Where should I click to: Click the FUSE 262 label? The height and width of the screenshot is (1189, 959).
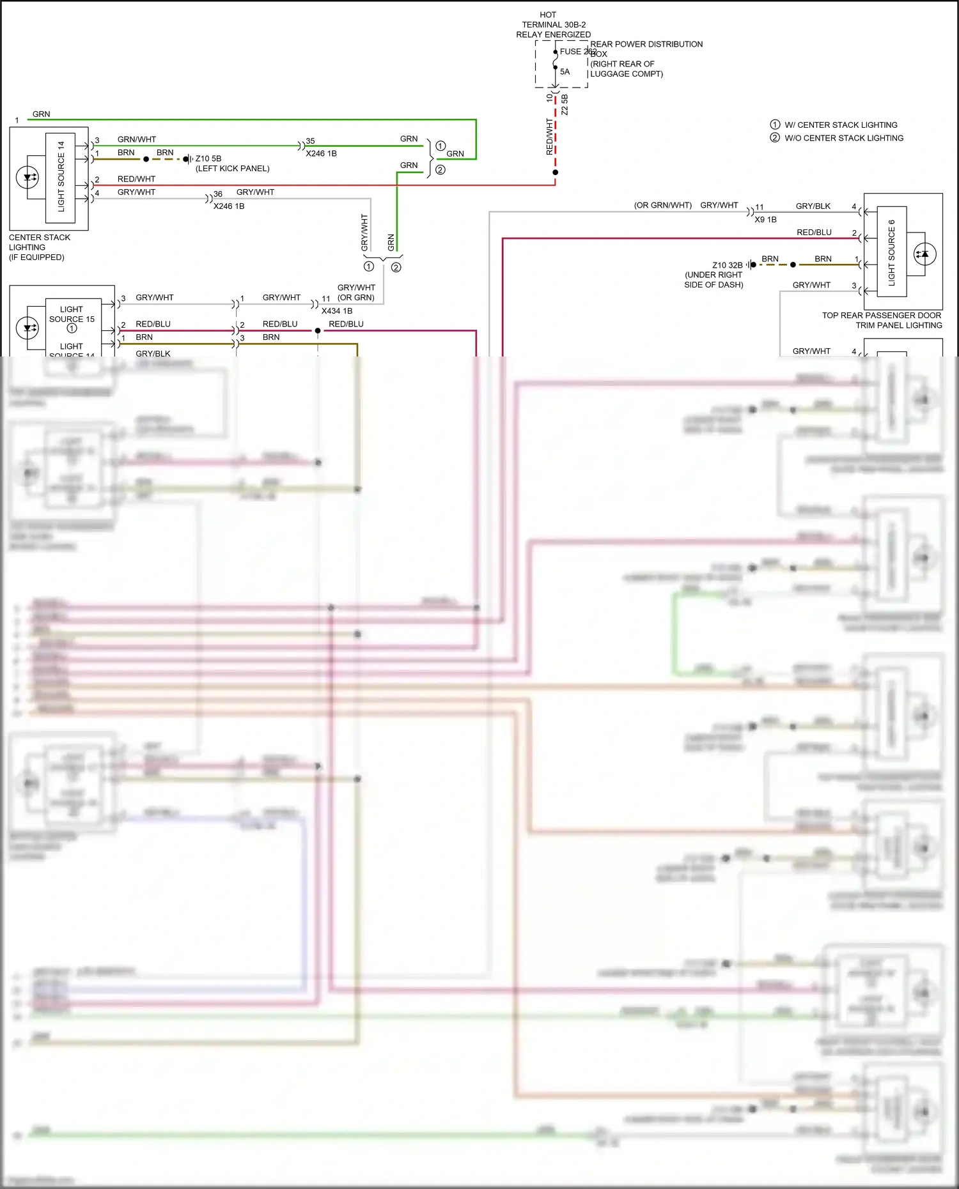(x=577, y=52)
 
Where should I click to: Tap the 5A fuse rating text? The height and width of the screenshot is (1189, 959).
(x=565, y=72)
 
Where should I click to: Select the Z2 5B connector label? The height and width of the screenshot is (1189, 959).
(x=565, y=105)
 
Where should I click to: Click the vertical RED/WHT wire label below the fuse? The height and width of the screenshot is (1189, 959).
(x=549, y=136)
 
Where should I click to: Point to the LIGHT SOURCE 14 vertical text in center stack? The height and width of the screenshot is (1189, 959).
(x=61, y=177)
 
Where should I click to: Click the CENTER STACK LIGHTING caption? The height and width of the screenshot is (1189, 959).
(x=39, y=247)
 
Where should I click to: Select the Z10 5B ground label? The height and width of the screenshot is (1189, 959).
(x=208, y=158)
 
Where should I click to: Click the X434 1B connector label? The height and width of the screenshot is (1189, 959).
(x=337, y=311)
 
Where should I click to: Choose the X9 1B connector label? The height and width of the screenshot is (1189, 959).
(x=765, y=219)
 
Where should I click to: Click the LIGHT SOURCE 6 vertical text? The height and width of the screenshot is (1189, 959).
(x=891, y=252)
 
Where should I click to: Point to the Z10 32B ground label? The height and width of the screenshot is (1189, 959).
(x=728, y=265)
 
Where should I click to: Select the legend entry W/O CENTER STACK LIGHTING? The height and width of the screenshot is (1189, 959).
(x=844, y=138)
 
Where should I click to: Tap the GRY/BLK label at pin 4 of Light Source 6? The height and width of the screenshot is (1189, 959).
(x=813, y=206)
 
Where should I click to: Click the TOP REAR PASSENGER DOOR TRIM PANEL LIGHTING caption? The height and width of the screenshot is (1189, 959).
(x=882, y=320)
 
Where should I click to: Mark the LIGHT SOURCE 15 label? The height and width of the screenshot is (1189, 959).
(x=72, y=314)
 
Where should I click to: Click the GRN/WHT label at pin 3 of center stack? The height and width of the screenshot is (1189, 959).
(x=136, y=139)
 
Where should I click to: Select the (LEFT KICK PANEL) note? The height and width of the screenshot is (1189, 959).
(x=232, y=169)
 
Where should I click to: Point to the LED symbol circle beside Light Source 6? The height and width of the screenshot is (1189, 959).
(x=924, y=254)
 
